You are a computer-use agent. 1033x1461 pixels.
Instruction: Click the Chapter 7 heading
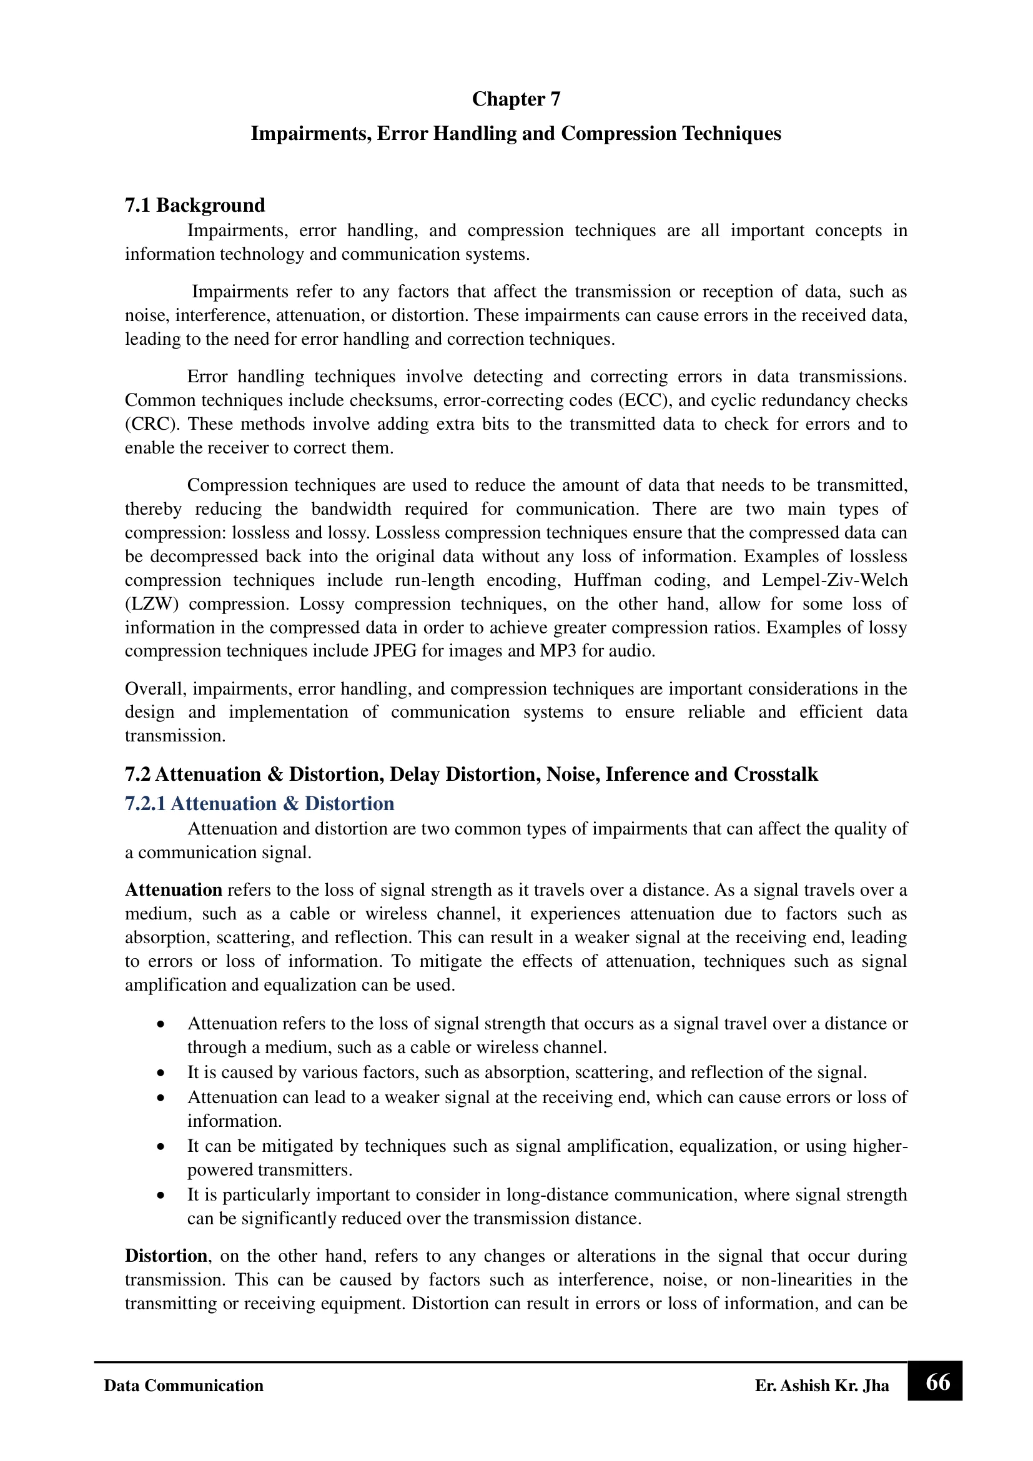click(x=516, y=99)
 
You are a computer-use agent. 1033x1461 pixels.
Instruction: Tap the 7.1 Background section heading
click(x=195, y=206)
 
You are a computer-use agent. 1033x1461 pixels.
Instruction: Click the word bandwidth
click(x=351, y=509)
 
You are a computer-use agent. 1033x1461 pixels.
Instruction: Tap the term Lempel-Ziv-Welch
click(x=834, y=580)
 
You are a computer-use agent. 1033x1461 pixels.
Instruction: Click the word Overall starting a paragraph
click(x=156, y=688)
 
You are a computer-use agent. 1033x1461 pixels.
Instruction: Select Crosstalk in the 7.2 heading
click(x=776, y=775)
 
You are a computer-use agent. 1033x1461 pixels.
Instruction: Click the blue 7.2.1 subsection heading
click(x=260, y=804)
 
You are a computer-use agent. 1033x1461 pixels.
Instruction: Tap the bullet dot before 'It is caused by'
click(x=162, y=1073)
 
